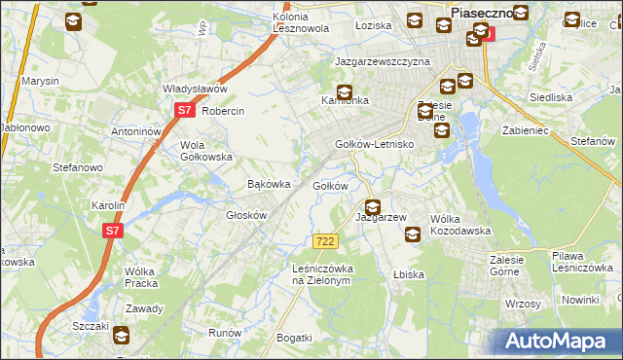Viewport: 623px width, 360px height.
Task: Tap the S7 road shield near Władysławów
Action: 185,111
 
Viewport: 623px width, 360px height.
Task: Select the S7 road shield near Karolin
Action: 113,231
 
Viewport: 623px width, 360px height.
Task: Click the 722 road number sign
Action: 326,241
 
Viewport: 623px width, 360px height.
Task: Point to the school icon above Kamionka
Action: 344,90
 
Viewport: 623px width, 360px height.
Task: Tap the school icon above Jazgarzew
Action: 372,206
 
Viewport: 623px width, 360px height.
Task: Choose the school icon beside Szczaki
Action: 121,336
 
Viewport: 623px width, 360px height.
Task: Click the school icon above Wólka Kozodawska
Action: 413,234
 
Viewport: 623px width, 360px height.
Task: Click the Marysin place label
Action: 41,81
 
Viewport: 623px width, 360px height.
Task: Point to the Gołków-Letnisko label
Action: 375,144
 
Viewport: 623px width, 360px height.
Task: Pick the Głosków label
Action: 246,215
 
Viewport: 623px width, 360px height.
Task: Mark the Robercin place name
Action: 223,111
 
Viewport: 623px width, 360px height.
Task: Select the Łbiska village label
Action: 409,274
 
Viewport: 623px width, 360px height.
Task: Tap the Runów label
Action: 225,332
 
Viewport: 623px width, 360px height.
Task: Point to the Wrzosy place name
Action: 523,304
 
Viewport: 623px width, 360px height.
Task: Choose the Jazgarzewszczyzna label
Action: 383,61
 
